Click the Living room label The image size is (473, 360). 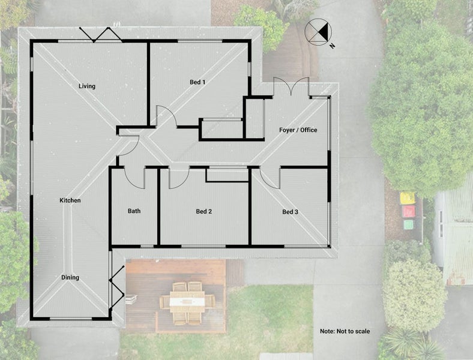click(x=87, y=86)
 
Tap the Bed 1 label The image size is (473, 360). click(x=198, y=82)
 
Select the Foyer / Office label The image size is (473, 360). click(x=298, y=130)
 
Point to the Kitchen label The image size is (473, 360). click(x=70, y=200)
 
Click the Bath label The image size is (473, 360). click(x=134, y=211)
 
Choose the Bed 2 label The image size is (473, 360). click(x=204, y=211)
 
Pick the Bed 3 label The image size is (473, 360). click(x=291, y=212)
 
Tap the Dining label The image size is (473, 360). click(x=70, y=277)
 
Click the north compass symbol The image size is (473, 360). click(x=317, y=32)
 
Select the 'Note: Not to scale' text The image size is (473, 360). click(x=345, y=331)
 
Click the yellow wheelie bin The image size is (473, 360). click(x=408, y=198)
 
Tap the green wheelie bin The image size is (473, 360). click(x=409, y=224)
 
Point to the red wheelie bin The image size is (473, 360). click(x=408, y=211)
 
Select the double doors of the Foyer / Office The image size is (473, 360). click(x=292, y=89)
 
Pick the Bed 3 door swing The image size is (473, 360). click(x=270, y=178)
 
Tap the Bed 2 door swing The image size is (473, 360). click(x=179, y=178)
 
